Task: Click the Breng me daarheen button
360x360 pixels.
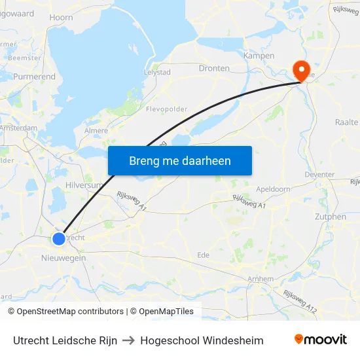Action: pos(180,160)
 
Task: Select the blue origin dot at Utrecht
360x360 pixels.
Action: pos(60,239)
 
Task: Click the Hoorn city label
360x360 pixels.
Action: pos(61,18)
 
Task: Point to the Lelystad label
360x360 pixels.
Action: pos(157,72)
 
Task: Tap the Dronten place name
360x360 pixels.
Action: pos(214,68)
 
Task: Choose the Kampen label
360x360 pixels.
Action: pos(259,56)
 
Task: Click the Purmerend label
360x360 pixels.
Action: pos(35,77)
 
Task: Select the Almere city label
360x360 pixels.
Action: pos(96,131)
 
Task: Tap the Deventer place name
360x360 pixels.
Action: pos(319,175)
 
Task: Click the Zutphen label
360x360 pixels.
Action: pos(330,217)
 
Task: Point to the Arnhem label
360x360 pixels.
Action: pos(261,279)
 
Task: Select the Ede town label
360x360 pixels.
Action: pos(204,255)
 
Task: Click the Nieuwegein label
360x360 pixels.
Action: pos(63,259)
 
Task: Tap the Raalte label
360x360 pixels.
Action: pos(346,122)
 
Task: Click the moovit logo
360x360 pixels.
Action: pos(321,340)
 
